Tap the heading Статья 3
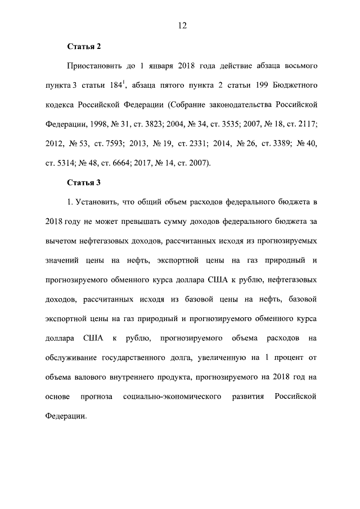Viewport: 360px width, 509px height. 84,183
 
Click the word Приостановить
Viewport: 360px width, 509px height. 96,66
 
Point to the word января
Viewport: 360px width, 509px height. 163,66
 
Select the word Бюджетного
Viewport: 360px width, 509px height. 286,85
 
